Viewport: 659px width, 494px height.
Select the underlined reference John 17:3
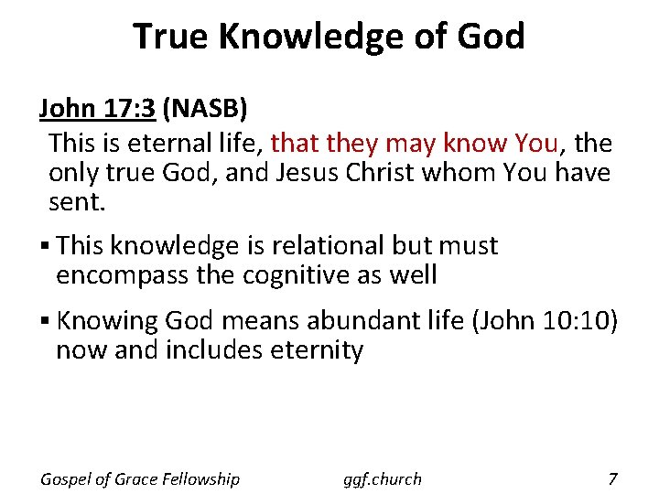(x=97, y=110)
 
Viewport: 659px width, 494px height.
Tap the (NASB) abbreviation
(x=204, y=110)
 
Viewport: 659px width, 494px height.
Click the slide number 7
(x=612, y=478)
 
